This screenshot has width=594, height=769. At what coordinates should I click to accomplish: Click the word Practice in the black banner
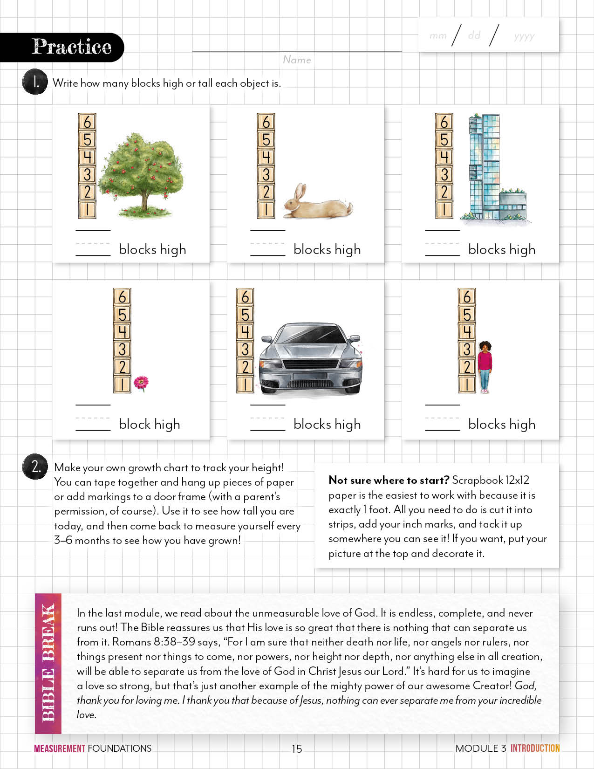[x=71, y=47]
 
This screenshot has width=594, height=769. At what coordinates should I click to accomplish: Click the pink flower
[x=141, y=383]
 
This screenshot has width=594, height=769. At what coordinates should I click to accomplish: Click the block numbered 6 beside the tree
[x=87, y=122]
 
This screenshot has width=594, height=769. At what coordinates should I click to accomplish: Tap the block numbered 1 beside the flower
[x=122, y=384]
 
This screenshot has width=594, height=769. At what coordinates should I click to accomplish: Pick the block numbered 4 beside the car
[x=245, y=331]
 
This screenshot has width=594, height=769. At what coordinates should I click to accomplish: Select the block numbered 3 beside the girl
[x=467, y=349]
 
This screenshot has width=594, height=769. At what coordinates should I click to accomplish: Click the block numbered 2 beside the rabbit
[x=266, y=192]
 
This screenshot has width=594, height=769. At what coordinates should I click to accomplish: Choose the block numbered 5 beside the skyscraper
[x=444, y=139]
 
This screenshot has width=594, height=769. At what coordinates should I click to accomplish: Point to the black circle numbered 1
[x=35, y=82]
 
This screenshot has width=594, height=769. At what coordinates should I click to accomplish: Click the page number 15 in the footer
[x=297, y=748]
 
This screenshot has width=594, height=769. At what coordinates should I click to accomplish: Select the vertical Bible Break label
[x=48, y=663]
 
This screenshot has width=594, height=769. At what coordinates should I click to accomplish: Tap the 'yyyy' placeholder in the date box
[x=524, y=36]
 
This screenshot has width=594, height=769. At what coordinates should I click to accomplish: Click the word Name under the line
[x=297, y=60]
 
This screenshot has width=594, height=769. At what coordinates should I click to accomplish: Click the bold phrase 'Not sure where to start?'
[x=389, y=480]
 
